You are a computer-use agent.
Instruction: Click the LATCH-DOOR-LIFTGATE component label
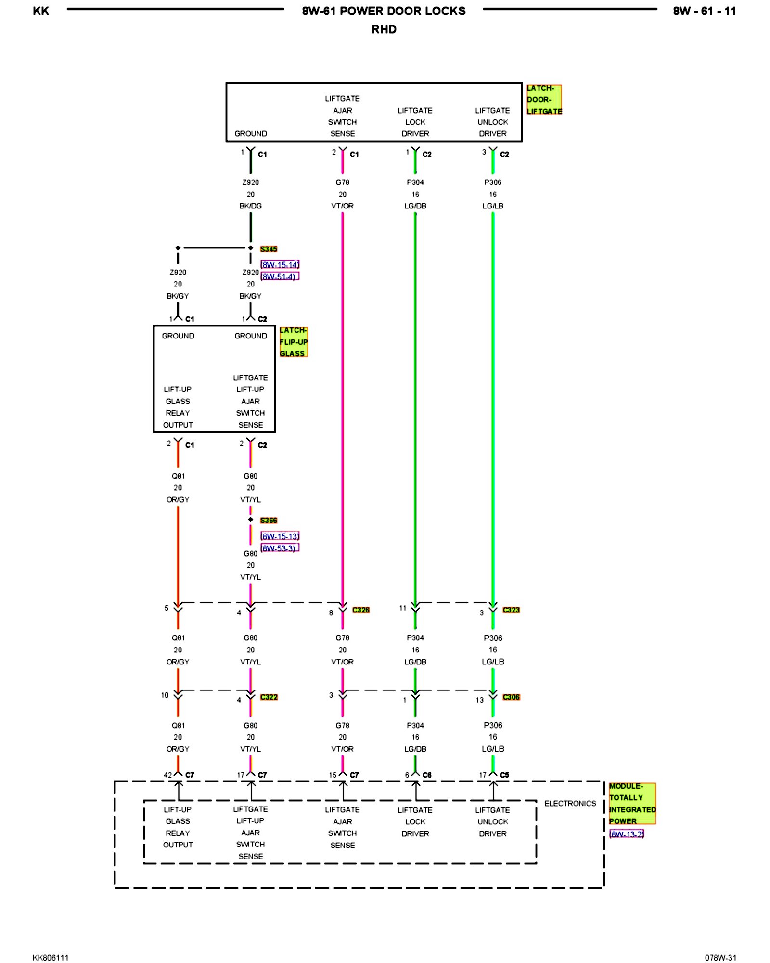(x=543, y=100)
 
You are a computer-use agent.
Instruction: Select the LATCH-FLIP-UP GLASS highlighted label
(x=293, y=342)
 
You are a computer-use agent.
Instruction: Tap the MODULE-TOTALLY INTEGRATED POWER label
(x=631, y=803)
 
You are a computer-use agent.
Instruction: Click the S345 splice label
(x=269, y=249)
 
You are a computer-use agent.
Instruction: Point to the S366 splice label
(x=269, y=520)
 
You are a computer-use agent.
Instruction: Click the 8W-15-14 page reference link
(x=280, y=264)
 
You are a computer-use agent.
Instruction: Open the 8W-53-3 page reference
(x=280, y=548)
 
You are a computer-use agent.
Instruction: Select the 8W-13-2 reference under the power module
(x=626, y=834)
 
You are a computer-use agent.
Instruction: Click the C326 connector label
(x=361, y=610)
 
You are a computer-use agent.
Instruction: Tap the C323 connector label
(x=511, y=610)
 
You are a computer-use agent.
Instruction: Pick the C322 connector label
(x=269, y=697)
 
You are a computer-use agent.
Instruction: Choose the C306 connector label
(x=511, y=697)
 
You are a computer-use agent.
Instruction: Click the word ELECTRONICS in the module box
(x=570, y=803)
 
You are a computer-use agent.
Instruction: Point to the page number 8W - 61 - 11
(x=704, y=11)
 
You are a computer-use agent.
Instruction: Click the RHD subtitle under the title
(x=384, y=29)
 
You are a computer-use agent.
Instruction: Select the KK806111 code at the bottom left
(x=51, y=958)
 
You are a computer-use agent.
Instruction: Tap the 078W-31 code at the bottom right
(x=720, y=958)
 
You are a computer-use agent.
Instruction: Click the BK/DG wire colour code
(x=250, y=206)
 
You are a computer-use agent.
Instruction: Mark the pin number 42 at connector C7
(x=167, y=775)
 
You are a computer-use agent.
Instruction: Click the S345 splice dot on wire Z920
(x=250, y=248)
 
